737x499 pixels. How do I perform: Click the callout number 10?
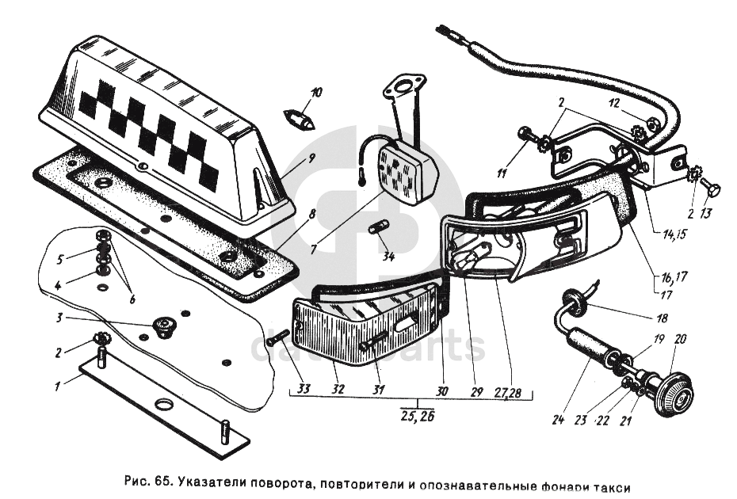tap(316, 93)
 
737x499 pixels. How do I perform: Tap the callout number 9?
tap(311, 157)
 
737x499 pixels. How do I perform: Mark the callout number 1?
tap(56, 387)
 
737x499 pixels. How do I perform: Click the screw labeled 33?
tap(277, 338)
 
